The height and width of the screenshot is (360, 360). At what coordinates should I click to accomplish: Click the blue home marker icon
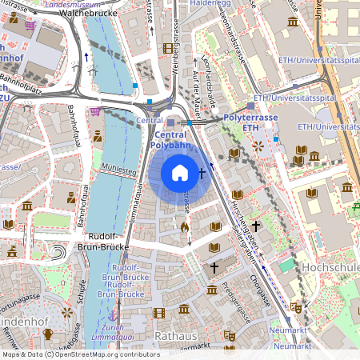click(180, 172)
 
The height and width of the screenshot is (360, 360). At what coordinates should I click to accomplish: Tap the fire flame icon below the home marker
click(185, 227)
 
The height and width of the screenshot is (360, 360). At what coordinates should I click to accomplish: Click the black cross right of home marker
click(202, 172)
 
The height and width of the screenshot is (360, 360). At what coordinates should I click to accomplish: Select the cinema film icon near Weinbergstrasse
click(167, 48)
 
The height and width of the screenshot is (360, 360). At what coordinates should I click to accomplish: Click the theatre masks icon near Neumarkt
click(295, 306)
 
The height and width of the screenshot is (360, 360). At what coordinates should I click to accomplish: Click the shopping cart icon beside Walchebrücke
click(30, 25)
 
